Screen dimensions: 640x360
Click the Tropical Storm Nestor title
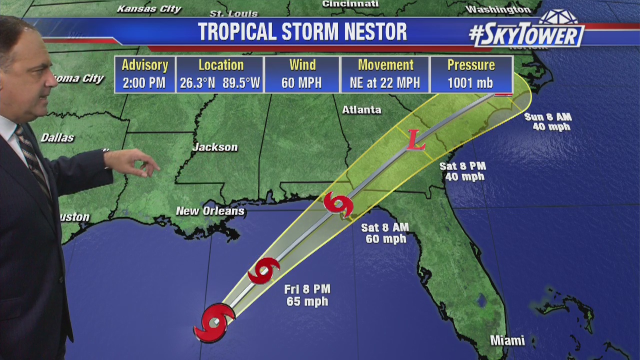tap(302, 32)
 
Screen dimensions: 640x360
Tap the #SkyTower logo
tap(526, 34)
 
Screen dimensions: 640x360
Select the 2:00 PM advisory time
tap(144, 83)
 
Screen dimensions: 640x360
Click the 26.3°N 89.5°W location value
tap(220, 83)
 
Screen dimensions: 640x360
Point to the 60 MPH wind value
tap(302, 83)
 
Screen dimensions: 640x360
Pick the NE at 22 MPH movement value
tap(385, 83)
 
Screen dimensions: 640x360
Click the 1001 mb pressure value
tap(470, 83)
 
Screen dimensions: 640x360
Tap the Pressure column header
tap(470, 65)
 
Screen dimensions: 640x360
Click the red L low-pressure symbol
tap(415, 140)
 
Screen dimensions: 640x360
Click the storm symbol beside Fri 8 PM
tap(263, 270)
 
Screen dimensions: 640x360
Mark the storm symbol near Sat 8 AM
tap(338, 205)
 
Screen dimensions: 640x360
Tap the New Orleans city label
tap(210, 211)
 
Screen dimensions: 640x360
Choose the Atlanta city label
tap(361, 110)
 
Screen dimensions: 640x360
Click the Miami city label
tap(507, 341)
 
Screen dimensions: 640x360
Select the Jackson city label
tap(215, 147)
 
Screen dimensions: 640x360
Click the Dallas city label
tap(57, 138)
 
